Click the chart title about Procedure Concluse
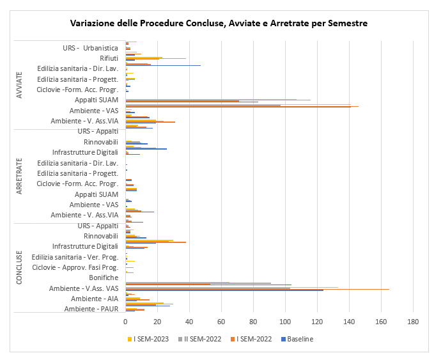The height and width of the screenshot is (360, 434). (x=219, y=23)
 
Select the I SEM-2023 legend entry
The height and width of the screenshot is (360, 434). (x=148, y=339)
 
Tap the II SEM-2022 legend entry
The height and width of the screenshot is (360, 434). (x=200, y=339)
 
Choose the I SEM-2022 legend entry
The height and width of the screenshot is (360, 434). (x=251, y=339)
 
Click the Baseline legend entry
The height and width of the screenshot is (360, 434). (x=297, y=339)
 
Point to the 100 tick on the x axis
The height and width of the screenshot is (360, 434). (x=285, y=322)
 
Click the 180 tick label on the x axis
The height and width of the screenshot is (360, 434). (x=413, y=322)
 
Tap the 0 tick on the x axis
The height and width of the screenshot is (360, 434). (x=126, y=322)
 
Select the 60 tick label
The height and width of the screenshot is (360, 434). (x=221, y=322)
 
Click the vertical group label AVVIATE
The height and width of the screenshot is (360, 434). (x=19, y=85)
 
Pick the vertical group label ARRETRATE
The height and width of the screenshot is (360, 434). (x=19, y=176)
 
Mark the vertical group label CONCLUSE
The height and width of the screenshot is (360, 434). (x=19, y=267)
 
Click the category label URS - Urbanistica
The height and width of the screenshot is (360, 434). (x=91, y=48)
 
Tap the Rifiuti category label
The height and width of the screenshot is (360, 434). (x=109, y=58)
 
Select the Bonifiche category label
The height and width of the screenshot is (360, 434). (x=104, y=278)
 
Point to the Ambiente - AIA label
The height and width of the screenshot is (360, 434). (x=95, y=299)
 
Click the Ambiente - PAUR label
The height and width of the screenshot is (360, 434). (x=91, y=309)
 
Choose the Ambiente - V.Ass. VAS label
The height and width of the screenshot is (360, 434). (x=84, y=288)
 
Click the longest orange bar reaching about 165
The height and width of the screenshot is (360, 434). (x=258, y=289)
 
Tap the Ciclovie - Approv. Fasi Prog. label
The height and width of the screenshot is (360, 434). (x=75, y=267)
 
